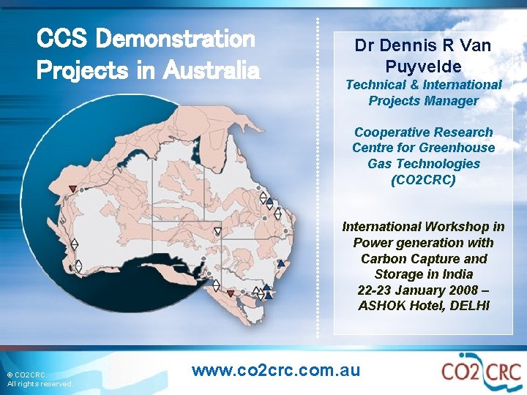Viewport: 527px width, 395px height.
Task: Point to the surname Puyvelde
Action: click(x=424, y=67)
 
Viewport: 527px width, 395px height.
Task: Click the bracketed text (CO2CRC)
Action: click(x=424, y=179)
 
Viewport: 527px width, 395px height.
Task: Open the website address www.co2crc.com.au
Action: click(x=276, y=370)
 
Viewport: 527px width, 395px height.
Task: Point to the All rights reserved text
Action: click(x=40, y=384)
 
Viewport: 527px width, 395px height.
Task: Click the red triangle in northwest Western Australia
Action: click(x=72, y=189)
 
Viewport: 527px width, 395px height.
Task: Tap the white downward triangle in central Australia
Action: click(x=217, y=232)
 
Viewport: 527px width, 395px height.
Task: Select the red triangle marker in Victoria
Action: click(x=231, y=294)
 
